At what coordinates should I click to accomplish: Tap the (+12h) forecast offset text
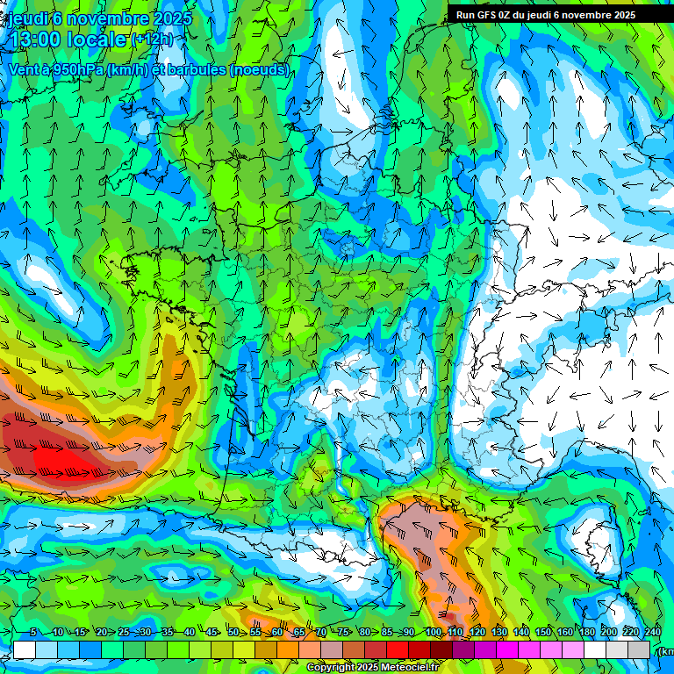point(153,39)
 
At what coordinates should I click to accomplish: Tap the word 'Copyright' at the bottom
point(331,668)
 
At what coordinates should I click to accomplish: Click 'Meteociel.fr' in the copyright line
point(410,668)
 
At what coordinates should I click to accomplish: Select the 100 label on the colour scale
point(434,633)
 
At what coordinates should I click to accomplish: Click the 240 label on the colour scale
point(653,633)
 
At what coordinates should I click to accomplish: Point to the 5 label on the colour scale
point(32,633)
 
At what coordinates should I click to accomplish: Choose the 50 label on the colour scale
point(233,633)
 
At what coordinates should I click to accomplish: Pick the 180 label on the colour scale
point(586,633)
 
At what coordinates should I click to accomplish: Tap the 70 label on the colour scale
point(320,633)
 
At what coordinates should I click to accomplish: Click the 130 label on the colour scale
point(498,633)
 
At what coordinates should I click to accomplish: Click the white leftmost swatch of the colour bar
point(25,649)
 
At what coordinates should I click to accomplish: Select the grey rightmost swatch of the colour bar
point(640,649)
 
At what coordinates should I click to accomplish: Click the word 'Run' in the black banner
point(465,14)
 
